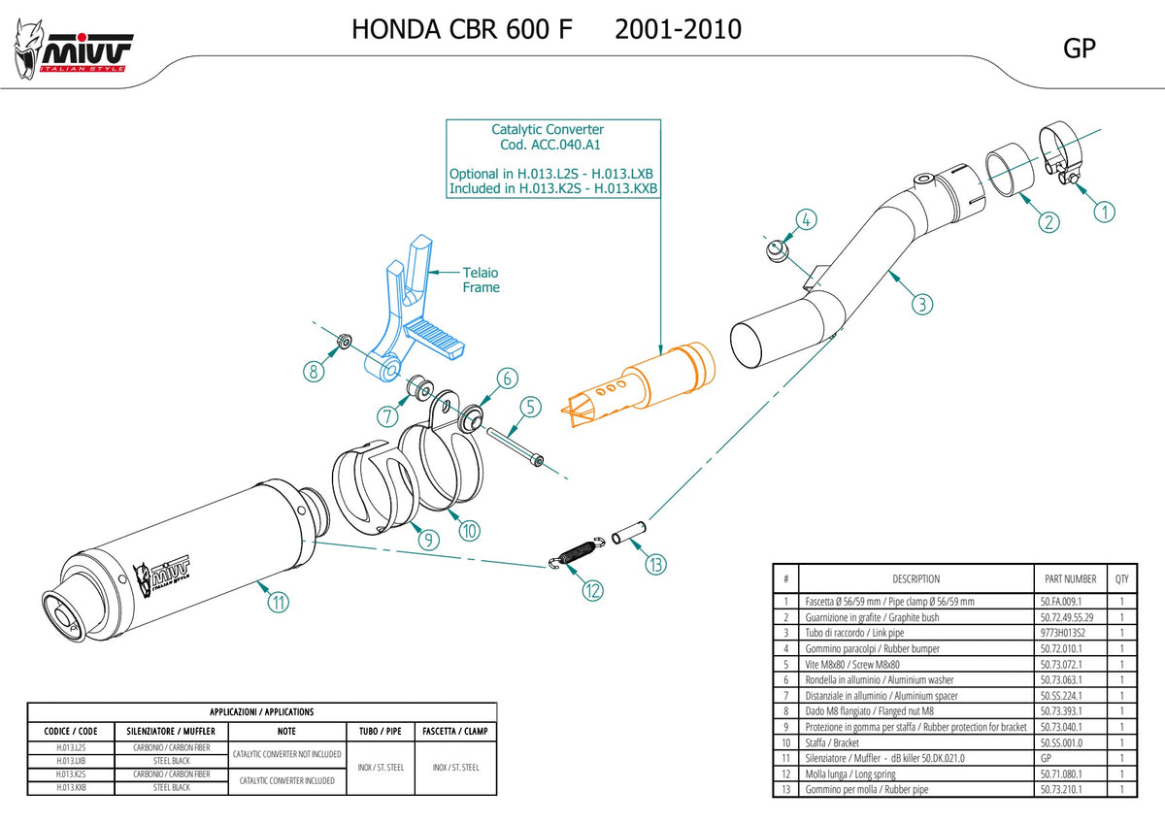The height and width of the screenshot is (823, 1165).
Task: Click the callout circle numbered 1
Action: (1104, 213)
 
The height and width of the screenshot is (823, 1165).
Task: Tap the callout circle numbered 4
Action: (806, 219)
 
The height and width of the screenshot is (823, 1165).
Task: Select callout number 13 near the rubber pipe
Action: (656, 565)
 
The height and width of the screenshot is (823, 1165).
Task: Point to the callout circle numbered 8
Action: (314, 371)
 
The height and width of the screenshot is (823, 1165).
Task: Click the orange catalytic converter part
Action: (639, 383)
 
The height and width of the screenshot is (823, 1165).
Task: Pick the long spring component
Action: (578, 553)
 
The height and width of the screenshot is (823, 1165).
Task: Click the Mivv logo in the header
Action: (73, 50)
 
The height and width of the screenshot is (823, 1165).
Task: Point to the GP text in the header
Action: (1080, 49)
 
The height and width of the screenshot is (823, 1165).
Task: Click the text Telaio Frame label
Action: (482, 280)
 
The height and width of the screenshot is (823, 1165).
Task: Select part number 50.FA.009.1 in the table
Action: (1060, 602)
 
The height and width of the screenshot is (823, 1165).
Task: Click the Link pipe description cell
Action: (854, 633)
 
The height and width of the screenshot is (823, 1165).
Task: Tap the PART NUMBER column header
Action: (1070, 578)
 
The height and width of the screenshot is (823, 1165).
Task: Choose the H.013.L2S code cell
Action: (71, 747)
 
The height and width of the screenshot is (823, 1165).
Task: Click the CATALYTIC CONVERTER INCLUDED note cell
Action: (287, 781)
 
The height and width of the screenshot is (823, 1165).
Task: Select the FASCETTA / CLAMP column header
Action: (455, 731)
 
